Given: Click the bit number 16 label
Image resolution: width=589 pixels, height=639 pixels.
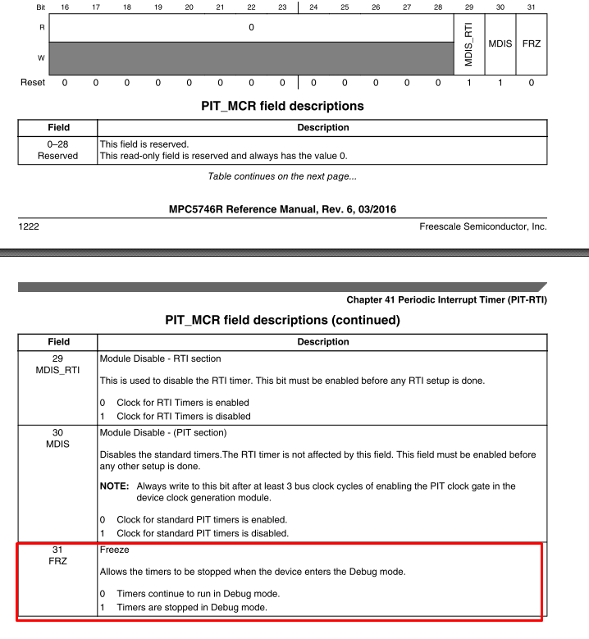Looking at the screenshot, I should (x=65, y=7).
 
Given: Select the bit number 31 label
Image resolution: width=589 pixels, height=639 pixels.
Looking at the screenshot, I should (x=532, y=7).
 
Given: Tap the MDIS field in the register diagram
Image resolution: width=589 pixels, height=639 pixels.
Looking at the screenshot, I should (x=500, y=43).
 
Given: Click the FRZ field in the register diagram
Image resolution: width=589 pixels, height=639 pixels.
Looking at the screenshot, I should (x=532, y=43).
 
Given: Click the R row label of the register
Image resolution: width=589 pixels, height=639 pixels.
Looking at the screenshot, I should (x=30, y=26).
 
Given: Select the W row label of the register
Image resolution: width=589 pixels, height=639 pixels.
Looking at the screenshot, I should (x=30, y=57).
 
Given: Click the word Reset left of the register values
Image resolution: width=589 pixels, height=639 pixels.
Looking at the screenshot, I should (x=33, y=83).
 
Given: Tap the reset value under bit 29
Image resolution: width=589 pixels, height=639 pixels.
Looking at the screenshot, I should (x=468, y=83).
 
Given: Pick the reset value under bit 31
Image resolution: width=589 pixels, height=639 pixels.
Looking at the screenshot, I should (x=532, y=83).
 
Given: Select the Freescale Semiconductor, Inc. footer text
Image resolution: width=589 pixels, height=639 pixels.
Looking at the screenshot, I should (x=482, y=226).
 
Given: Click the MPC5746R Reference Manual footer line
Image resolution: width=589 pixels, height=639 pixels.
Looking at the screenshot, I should (x=282, y=209).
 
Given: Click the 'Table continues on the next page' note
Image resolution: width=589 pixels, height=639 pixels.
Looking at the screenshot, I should (x=282, y=176).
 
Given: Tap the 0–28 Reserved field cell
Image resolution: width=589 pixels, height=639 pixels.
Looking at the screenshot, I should (x=58, y=149).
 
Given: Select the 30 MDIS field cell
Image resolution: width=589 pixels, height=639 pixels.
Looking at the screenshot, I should (x=58, y=438).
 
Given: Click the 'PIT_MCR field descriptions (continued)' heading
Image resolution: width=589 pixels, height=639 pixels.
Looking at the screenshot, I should (x=282, y=320).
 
